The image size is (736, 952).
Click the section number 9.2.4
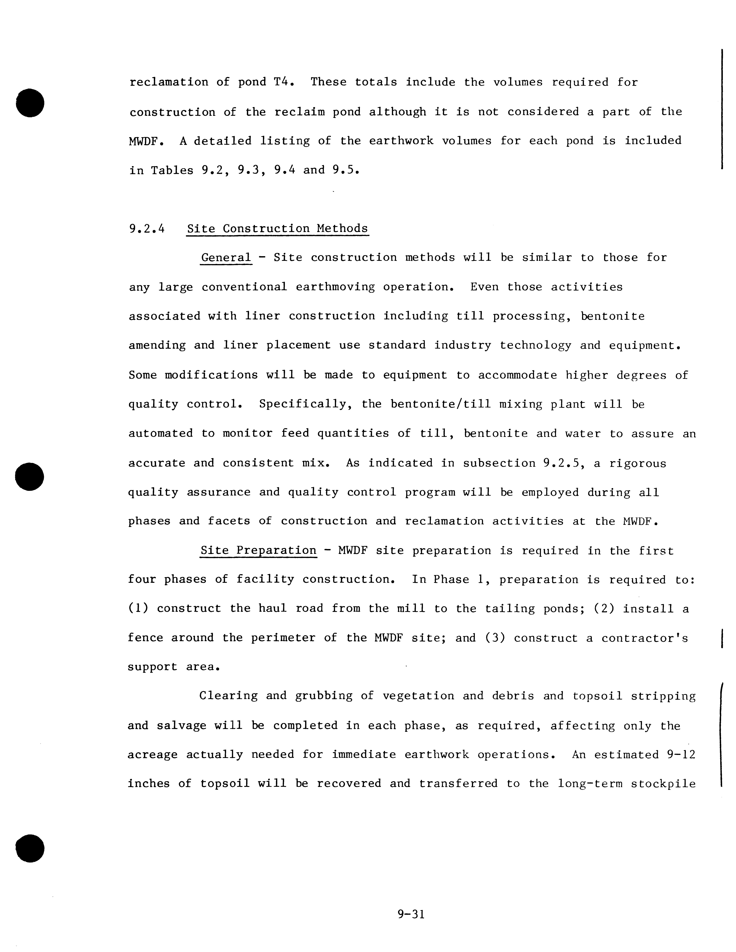[147, 228]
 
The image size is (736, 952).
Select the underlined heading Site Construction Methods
[277, 228]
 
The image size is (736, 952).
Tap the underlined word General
[226, 258]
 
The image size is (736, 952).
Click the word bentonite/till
[440, 405]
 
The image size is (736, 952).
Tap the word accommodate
[518, 375]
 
